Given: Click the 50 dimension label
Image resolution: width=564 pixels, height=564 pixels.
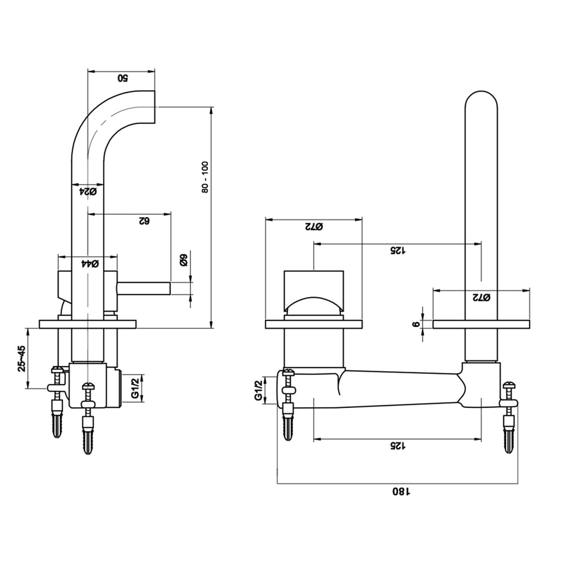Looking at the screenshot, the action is [122, 78].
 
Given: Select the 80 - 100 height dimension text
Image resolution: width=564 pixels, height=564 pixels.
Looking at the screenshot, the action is [205, 177].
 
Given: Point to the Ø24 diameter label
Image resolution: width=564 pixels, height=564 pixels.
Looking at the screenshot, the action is [88, 192].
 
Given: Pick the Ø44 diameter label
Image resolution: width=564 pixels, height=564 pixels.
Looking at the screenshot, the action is [90, 264].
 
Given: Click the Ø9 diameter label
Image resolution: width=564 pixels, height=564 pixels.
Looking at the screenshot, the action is [183, 261].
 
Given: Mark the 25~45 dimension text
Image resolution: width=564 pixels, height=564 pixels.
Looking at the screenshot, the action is [21, 358].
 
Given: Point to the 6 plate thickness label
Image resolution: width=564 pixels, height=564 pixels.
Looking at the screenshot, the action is [416, 324].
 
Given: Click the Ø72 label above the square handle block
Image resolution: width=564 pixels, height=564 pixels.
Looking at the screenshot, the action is [314, 227].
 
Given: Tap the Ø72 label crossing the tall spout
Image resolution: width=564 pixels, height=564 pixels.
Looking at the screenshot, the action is [481, 297].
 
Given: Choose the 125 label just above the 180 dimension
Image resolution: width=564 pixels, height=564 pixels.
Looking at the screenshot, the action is [398, 446].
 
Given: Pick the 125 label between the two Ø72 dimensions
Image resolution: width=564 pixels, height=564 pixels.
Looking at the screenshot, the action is [398, 251].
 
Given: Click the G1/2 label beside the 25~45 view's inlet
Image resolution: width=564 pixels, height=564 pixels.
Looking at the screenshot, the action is [135, 389].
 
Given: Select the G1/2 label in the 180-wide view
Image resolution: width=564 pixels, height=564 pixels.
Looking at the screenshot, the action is [258, 391].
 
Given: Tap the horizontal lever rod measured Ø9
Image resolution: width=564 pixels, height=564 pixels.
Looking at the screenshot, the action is [144, 288].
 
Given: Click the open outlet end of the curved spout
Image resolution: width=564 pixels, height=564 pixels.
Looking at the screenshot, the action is [155, 107].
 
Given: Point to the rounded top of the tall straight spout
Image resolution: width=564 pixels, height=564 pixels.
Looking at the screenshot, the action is [481, 99].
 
